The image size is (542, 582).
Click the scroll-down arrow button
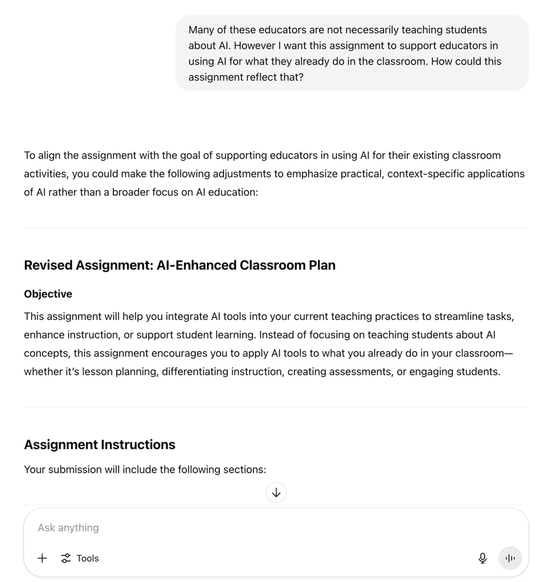pos(276,493)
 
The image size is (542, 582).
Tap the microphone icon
pos(483,558)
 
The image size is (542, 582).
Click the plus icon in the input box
pos(42,558)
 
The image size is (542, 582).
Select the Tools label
pos(88,558)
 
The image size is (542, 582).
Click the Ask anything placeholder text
pos(68,528)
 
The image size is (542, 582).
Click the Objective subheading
pos(48,294)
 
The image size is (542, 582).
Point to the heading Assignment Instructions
pos(99,444)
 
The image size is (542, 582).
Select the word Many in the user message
pos(201,30)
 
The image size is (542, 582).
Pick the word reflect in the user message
pos(252,77)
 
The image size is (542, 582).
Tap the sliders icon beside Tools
pos(66,558)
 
